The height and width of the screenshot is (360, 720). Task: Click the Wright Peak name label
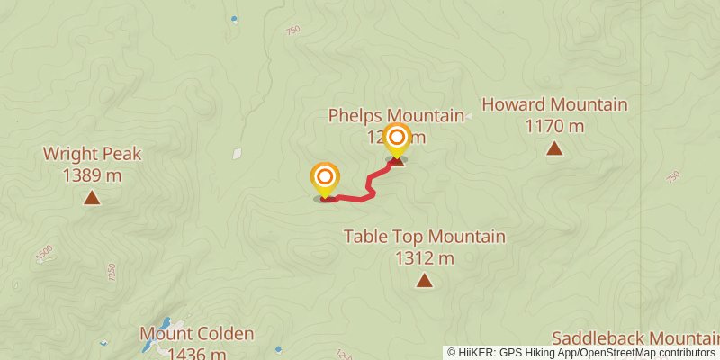(x=92, y=155)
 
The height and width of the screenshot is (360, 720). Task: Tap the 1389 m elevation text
(x=92, y=175)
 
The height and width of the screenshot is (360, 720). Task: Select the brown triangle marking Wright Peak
(x=92, y=197)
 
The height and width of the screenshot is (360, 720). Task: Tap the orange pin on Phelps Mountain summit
(x=396, y=139)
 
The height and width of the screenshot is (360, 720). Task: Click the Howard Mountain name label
(x=554, y=104)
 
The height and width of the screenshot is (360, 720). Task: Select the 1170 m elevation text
(x=554, y=126)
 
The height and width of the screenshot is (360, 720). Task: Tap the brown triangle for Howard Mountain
(x=554, y=148)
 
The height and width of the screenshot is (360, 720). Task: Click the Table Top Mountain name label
(x=424, y=238)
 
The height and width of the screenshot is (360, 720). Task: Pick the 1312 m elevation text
(x=424, y=259)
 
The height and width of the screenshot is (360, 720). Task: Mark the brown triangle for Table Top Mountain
(x=424, y=282)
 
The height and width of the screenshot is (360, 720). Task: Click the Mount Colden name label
(x=196, y=334)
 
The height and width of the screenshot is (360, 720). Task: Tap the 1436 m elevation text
(x=196, y=352)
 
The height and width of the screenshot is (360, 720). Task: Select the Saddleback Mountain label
(x=634, y=338)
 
